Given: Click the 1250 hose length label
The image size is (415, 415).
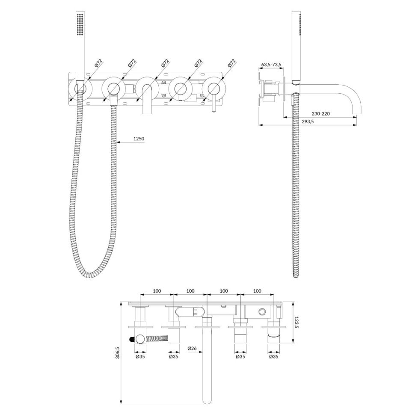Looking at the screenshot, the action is pyautogui.click(x=139, y=139).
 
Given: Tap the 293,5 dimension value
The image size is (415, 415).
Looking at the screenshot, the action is pyautogui.click(x=308, y=122).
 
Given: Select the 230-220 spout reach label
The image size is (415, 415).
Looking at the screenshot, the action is pyautogui.click(x=321, y=113).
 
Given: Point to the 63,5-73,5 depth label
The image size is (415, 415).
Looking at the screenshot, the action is pyautogui.click(x=271, y=64).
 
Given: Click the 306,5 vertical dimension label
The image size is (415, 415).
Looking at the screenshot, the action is pyautogui.click(x=118, y=353).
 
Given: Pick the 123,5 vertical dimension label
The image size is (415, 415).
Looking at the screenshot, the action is pyautogui.click(x=296, y=322).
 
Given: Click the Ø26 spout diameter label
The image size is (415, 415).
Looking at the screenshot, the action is pyautogui.click(x=192, y=348).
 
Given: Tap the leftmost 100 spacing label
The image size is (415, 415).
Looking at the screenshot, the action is pyautogui.click(x=157, y=291).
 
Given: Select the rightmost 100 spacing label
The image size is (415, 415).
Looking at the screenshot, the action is pyautogui.click(x=257, y=291).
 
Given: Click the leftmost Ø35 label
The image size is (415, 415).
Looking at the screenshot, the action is pyautogui.click(x=140, y=356).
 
